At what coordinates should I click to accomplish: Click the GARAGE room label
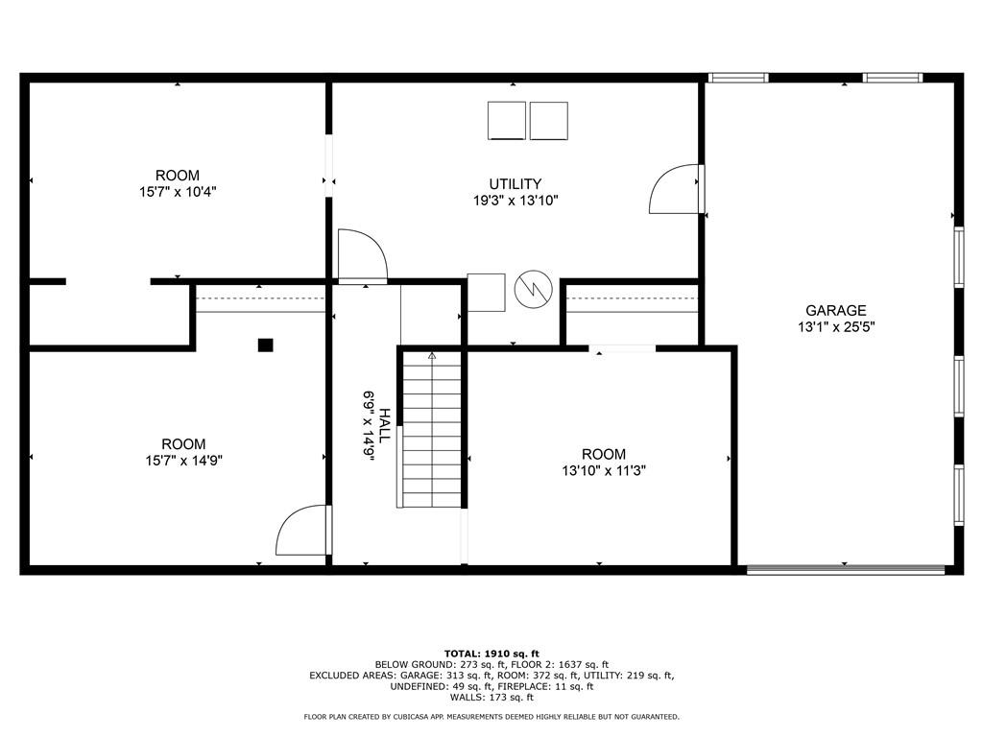[836, 310]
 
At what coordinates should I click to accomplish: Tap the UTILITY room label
[515, 183]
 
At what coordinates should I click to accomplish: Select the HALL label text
[384, 425]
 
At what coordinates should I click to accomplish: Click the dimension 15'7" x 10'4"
[178, 192]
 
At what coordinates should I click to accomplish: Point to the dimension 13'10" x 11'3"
[604, 470]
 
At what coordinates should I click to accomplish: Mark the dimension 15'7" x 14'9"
[183, 461]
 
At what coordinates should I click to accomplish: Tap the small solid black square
[266, 345]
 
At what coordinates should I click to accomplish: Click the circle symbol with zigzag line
[533, 289]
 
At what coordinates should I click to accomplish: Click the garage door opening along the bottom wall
[846, 570]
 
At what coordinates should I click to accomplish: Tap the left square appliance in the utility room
[507, 121]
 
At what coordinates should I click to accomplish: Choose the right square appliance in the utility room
[548, 121]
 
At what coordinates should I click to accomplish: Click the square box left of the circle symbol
[486, 293]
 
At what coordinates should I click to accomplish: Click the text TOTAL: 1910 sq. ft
[491, 654]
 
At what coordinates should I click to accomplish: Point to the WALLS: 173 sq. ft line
[491, 698]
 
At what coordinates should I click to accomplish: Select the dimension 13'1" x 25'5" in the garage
[836, 326]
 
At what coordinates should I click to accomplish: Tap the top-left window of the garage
[738, 78]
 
